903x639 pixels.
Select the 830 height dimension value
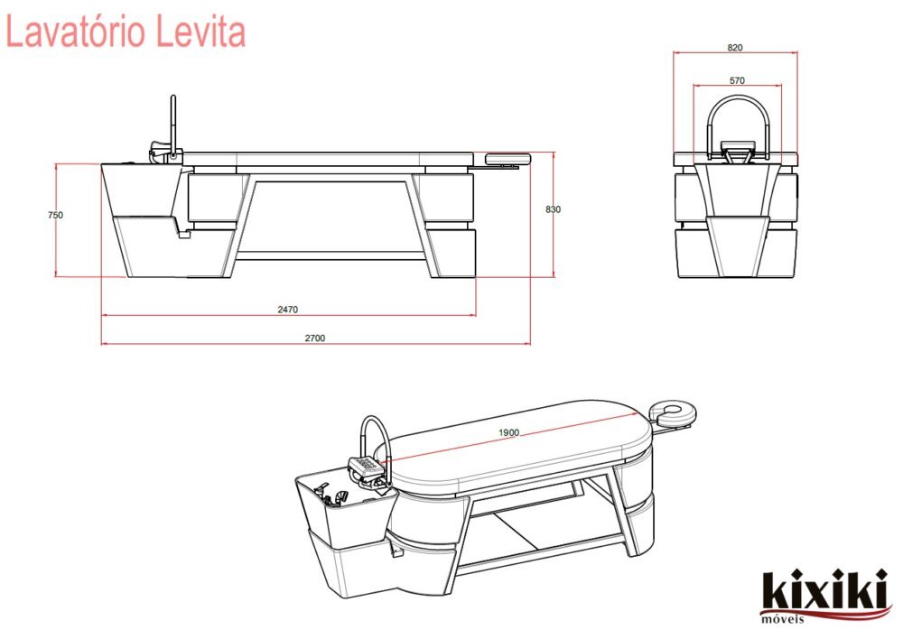tap(554, 209)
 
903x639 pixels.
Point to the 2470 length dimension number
tap(287, 310)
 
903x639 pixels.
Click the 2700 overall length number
tap(314, 338)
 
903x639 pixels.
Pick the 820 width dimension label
tap(736, 48)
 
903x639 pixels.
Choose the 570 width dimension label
tap(737, 80)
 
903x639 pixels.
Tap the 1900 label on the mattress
tap(508, 433)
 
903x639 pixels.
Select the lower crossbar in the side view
tap(330, 255)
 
